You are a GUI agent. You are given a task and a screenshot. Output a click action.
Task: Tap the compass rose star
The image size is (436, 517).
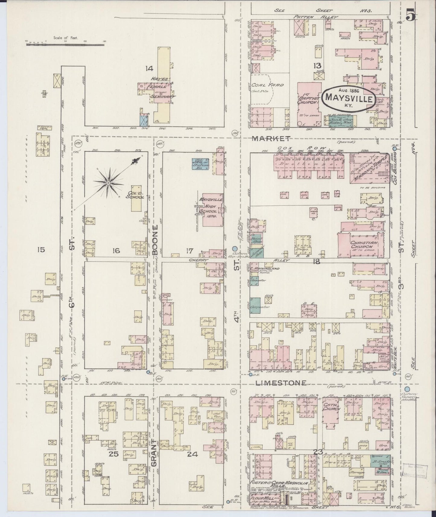click(108, 182)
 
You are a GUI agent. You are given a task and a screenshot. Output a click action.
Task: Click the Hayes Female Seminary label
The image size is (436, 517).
click(160, 88)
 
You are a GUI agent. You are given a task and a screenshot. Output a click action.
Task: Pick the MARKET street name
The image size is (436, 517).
click(271, 138)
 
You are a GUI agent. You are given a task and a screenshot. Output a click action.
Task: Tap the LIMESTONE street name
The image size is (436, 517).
click(281, 383)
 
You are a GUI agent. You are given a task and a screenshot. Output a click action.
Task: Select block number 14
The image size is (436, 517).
click(149, 69)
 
